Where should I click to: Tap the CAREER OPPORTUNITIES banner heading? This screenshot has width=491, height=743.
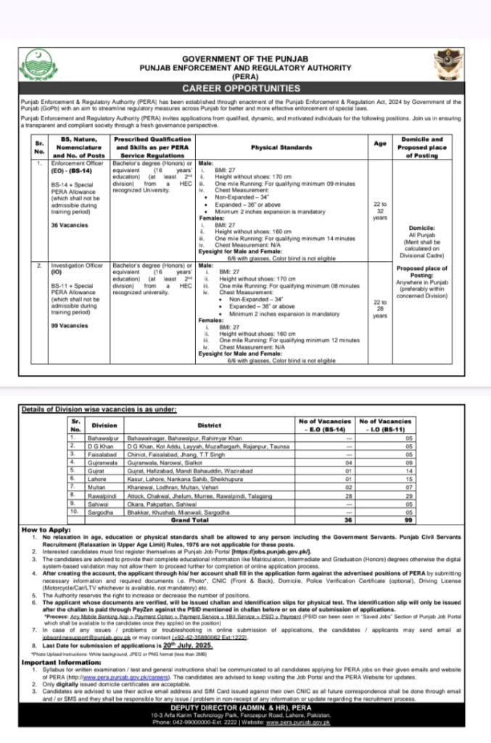[x=244, y=88]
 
